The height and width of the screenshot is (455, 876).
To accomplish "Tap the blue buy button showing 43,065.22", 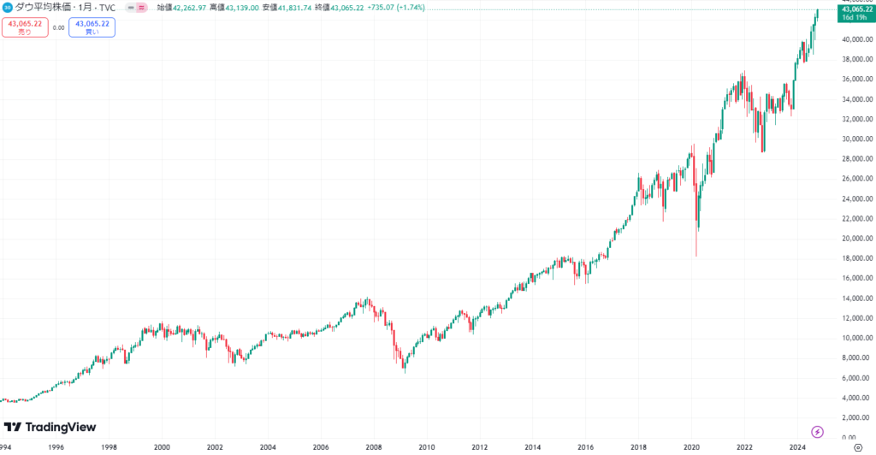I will (92, 27).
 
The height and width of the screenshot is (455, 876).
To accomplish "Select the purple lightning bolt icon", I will (818, 432).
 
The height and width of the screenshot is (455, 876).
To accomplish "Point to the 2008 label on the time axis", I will (374, 447).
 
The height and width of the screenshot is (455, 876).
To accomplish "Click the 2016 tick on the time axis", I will (585, 447).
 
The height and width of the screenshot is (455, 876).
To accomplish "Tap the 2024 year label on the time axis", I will (796, 447).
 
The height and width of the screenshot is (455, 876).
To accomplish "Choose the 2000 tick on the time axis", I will (163, 447).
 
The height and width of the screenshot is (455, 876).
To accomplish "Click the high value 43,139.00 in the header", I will (243, 7).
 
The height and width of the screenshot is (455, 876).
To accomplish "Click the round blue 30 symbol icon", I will (8, 7).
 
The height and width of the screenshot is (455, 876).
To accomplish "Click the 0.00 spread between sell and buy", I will (58, 27).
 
